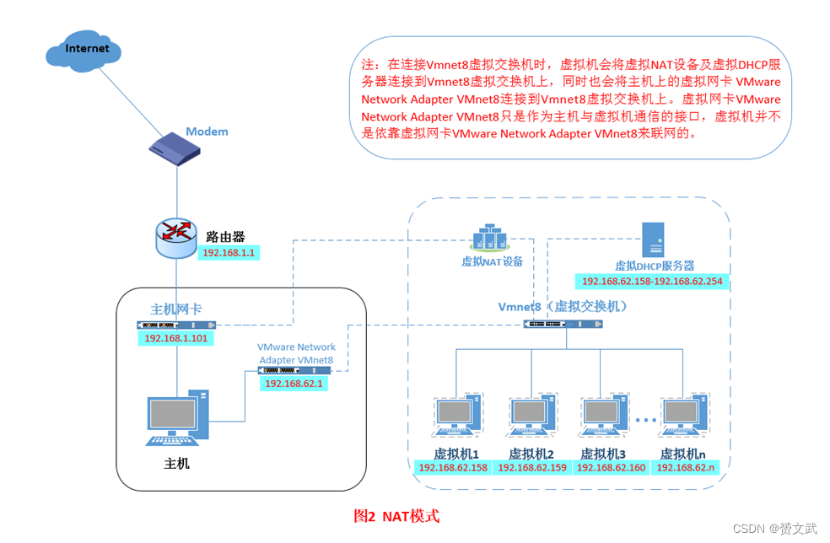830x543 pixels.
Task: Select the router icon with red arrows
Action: coord(176,237)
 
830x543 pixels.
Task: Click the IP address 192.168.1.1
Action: coord(229,252)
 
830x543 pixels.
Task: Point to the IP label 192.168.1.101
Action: coord(176,338)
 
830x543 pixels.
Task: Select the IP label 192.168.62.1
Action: coord(295,383)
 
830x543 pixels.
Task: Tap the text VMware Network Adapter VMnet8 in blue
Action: coord(296,353)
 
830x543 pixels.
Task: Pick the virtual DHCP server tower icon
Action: coord(653,239)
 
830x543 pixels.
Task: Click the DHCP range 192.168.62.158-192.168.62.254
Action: coord(652,282)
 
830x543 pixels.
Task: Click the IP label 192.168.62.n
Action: coord(686,467)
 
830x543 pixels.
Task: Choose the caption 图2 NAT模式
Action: coord(396,515)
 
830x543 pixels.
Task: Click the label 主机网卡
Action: coord(175,309)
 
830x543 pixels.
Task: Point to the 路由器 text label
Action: coord(225,236)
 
